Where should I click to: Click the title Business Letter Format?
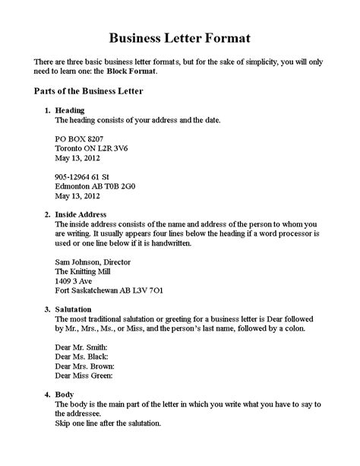click(179, 36)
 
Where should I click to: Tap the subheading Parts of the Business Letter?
click(89, 91)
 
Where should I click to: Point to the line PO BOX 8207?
click(79, 140)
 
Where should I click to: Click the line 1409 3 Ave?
click(74, 280)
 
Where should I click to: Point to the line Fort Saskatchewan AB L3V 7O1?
click(109, 290)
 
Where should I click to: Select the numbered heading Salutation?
click(74, 309)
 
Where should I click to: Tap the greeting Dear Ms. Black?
click(81, 356)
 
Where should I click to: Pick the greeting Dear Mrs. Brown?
click(84, 366)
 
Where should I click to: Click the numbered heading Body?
click(65, 395)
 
